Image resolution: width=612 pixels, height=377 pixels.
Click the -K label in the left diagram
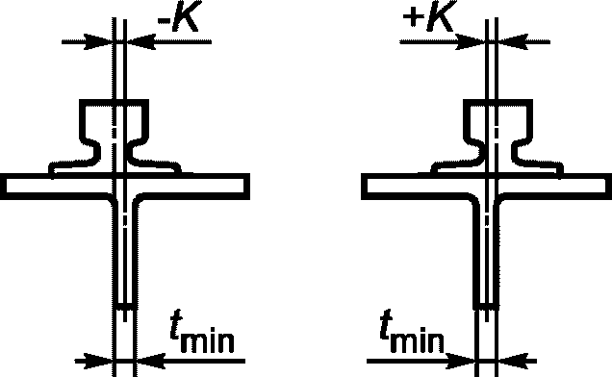click(x=178, y=16)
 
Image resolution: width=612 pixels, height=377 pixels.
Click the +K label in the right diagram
click(x=429, y=16)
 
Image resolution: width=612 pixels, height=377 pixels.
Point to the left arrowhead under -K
click(x=98, y=41)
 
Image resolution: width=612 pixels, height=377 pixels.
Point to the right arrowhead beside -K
click(x=140, y=41)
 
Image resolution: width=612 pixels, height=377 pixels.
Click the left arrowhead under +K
click(x=472, y=41)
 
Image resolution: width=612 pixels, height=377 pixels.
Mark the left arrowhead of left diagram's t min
click(x=99, y=361)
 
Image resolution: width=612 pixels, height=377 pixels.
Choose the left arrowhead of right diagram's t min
click(x=461, y=361)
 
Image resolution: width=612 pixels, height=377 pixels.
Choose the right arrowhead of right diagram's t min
click(x=513, y=361)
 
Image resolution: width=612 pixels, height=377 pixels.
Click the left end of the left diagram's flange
click(x=2, y=187)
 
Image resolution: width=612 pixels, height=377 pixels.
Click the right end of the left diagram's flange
click(x=247, y=187)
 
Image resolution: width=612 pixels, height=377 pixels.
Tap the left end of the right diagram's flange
click(x=364, y=187)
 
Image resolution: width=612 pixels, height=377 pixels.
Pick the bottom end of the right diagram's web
click(x=486, y=306)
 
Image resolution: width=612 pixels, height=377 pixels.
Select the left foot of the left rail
click(x=73, y=166)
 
